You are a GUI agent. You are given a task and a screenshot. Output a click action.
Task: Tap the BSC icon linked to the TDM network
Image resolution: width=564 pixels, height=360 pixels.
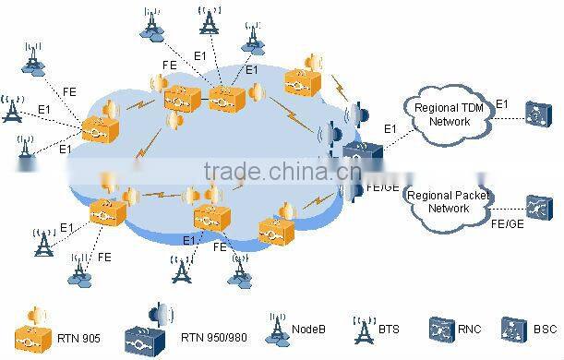click(537, 114)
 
